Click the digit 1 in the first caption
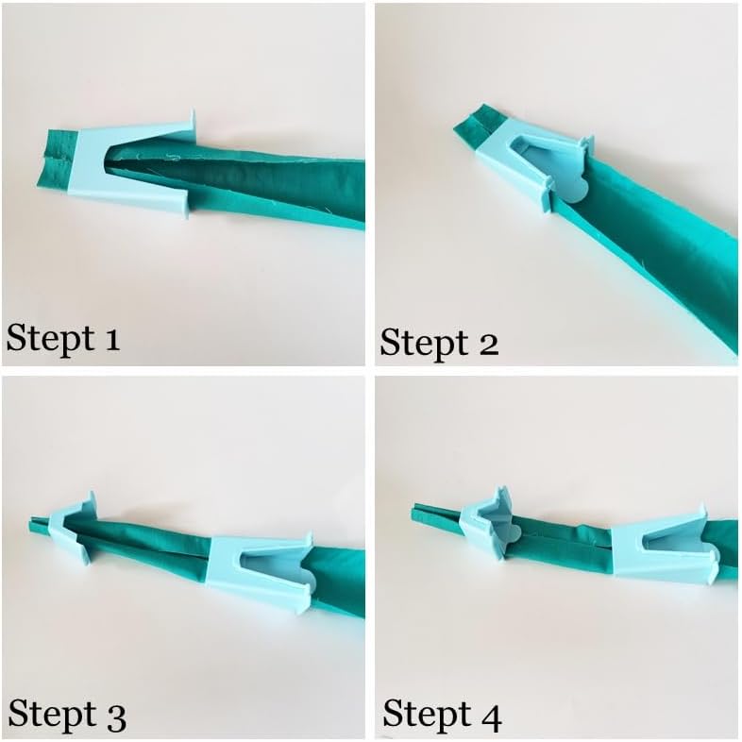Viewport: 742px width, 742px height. point(112,339)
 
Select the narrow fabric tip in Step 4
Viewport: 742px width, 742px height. point(436,513)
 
